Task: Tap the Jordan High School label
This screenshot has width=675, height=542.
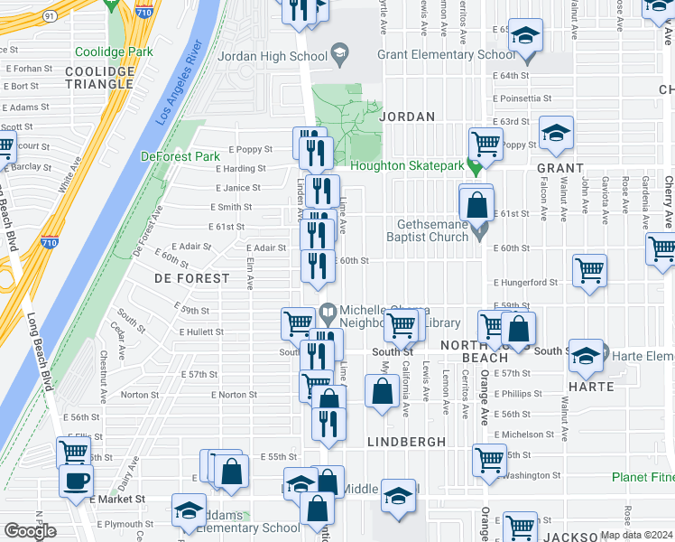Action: tap(272, 56)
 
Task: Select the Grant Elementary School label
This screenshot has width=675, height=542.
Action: tap(446, 55)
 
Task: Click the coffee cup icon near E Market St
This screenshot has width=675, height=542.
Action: tap(76, 479)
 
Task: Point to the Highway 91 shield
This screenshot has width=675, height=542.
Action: tap(48, 15)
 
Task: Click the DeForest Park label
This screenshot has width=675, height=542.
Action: tap(180, 156)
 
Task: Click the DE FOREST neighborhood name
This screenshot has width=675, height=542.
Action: tap(191, 278)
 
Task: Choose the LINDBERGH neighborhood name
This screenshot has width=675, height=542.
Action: tap(407, 442)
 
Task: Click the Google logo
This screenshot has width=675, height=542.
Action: tap(31, 531)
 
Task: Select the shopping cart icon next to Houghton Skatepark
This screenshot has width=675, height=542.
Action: tap(485, 143)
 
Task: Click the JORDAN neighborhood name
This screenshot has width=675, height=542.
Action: tap(407, 117)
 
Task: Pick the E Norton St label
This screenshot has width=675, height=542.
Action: tap(234, 395)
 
